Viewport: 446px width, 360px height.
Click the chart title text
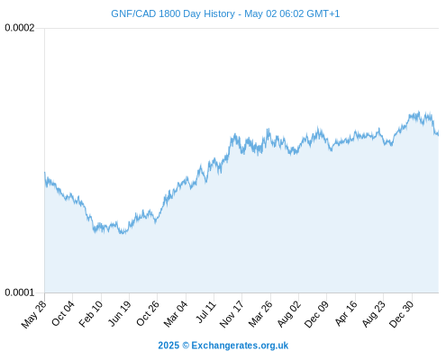tap(225, 13)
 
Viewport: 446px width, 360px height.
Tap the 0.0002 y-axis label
tap(20, 28)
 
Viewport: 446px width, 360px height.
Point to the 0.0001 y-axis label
tap(20, 292)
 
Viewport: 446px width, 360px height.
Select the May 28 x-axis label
tap(34, 314)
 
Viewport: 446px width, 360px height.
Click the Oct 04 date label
tap(63, 313)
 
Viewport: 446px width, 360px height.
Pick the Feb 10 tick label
tap(91, 314)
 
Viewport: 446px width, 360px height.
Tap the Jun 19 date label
tap(120, 313)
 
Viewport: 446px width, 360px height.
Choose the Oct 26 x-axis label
tap(148, 313)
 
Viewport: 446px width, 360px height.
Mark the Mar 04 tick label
tap(176, 314)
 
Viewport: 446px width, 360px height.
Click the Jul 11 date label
tap(206, 312)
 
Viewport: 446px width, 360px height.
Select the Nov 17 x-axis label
tap(232, 314)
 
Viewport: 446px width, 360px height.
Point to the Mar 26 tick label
tap(260, 314)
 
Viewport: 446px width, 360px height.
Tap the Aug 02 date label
tap(288, 314)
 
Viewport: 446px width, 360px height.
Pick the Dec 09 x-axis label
tap(316, 314)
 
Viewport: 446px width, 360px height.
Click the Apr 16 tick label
tap(346, 313)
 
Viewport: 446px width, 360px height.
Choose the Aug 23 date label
tap(373, 314)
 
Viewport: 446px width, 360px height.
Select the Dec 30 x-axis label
tap(402, 314)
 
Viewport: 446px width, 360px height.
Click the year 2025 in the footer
tap(168, 346)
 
